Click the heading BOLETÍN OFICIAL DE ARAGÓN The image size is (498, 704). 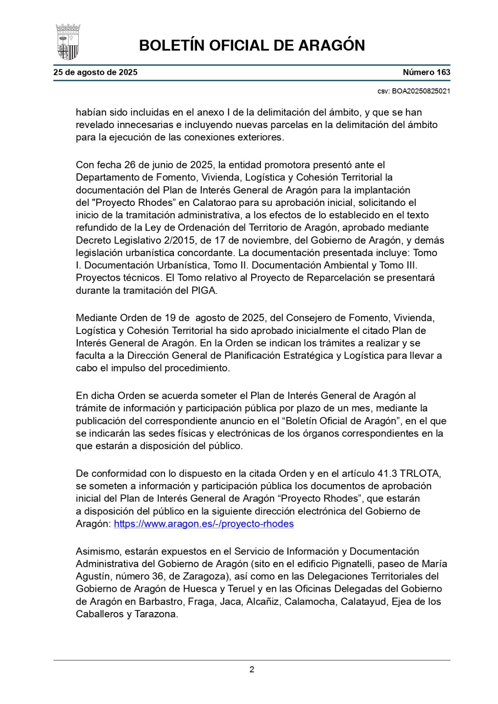click(x=252, y=45)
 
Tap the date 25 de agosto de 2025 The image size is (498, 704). click(x=95, y=73)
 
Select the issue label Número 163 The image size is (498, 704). click(x=426, y=73)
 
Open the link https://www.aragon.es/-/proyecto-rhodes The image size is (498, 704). click(x=204, y=524)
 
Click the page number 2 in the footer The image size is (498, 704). click(x=252, y=670)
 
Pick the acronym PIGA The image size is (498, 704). click(x=205, y=290)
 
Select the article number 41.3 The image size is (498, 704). click(x=387, y=473)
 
